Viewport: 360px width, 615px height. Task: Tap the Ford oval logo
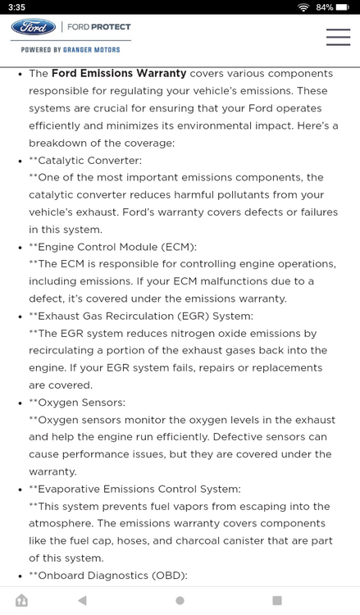tap(34, 27)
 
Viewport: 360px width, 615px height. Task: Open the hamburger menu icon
tap(338, 37)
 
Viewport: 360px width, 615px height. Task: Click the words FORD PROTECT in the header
tap(99, 27)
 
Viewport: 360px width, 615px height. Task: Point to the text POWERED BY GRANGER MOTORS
tap(71, 50)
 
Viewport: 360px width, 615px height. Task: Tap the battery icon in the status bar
tap(343, 7)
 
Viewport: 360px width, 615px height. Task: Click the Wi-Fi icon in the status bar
tap(303, 7)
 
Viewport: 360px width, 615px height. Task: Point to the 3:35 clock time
tap(16, 7)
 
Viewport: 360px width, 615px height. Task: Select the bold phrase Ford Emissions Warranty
tap(119, 73)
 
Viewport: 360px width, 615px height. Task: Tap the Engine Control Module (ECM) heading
tap(117, 246)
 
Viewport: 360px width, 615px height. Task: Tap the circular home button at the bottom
tap(180, 600)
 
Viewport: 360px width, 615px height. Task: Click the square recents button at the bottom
tap(277, 600)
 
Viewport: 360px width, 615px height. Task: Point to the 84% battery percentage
tap(324, 7)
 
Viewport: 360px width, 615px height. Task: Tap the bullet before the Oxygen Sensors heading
tap(20, 403)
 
